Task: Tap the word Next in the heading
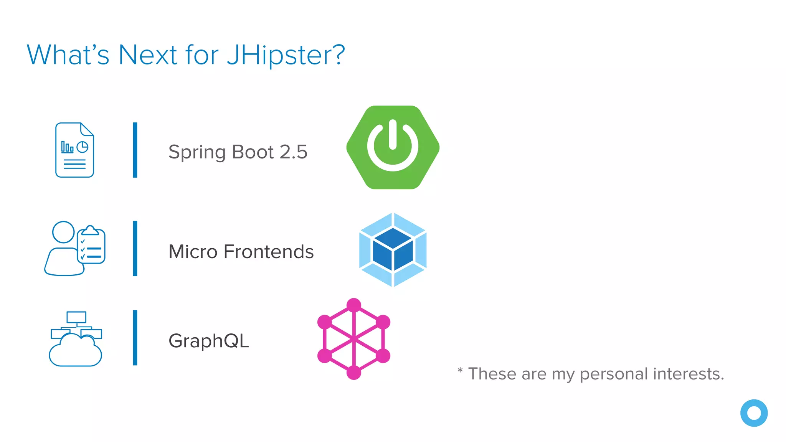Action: (148, 55)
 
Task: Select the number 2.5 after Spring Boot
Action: (294, 152)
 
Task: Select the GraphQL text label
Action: (209, 341)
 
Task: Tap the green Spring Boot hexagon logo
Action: (393, 147)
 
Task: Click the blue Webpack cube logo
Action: (393, 250)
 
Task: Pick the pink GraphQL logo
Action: (353, 339)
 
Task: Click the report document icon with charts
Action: (75, 150)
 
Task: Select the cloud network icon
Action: (76, 339)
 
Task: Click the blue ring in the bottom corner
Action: (754, 413)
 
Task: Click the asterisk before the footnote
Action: (460, 371)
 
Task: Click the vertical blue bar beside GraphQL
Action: (135, 338)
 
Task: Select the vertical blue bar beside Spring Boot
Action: (135, 150)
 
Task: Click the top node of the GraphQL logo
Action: (353, 305)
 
